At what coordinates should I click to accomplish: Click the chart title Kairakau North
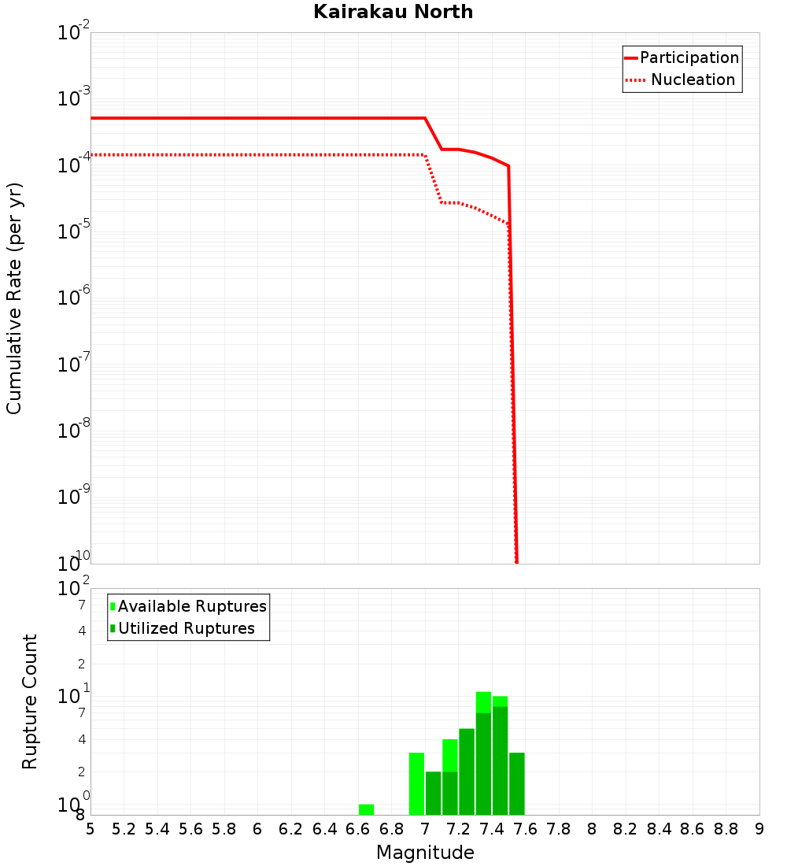[393, 12]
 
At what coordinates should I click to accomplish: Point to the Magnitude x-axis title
[425, 853]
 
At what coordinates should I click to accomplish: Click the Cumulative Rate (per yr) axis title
[14, 298]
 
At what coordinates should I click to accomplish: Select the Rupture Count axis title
[30, 701]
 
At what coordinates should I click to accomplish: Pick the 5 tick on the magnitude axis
[91, 828]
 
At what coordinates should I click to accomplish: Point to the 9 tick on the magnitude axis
[759, 828]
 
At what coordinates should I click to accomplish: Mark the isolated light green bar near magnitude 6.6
[366, 809]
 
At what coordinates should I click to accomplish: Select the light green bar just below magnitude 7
[416, 783]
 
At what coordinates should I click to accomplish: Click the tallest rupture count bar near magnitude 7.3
[483, 753]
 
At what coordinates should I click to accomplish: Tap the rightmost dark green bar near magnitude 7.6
[517, 783]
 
